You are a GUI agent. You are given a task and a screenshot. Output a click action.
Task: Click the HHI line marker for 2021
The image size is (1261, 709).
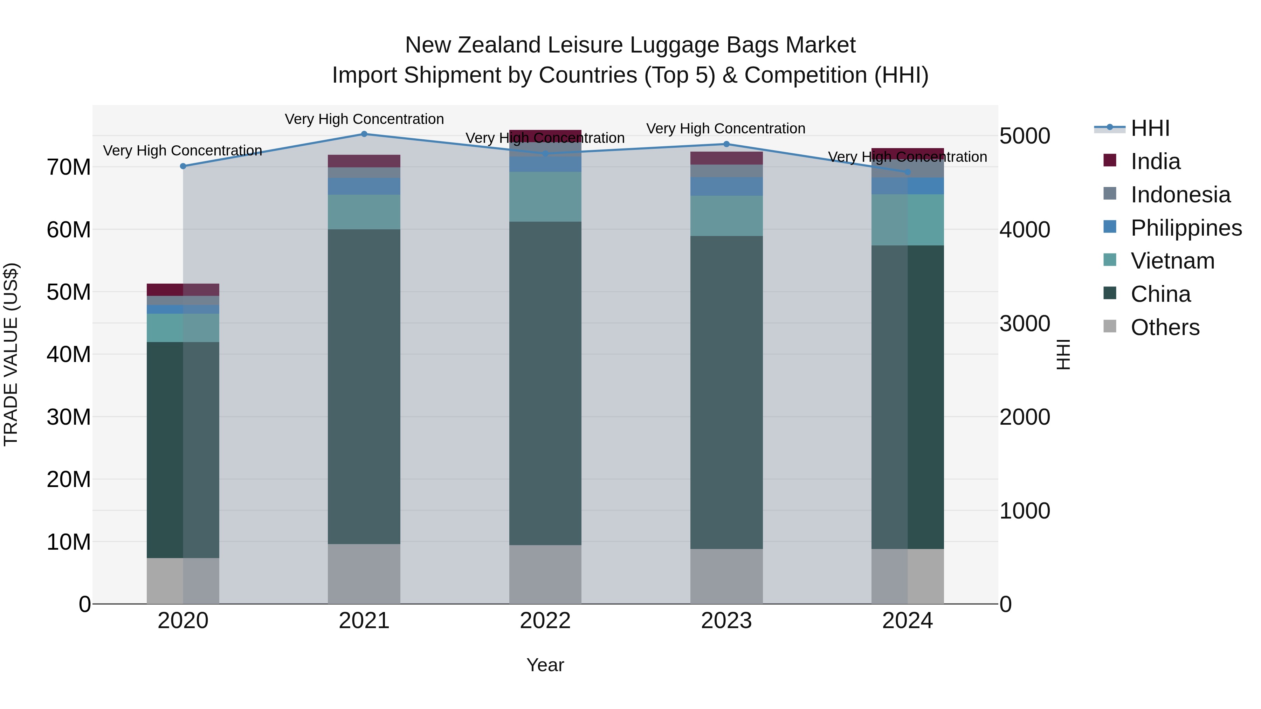[364, 134]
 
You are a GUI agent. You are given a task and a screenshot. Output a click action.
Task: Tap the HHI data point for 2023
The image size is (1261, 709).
[726, 144]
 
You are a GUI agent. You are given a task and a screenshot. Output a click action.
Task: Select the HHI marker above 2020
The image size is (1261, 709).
[183, 166]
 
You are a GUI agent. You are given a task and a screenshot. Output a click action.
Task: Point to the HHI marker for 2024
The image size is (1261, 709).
[908, 172]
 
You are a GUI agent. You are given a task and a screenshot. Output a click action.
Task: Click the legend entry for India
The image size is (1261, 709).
[1155, 161]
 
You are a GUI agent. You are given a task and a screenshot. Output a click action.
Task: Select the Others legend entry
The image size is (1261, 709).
[1165, 327]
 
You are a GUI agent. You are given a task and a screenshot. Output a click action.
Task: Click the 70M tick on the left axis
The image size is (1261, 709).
[69, 167]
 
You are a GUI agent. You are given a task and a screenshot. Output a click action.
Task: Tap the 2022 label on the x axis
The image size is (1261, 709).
[545, 621]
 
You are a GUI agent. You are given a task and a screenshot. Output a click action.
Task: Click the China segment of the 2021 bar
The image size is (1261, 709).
[364, 387]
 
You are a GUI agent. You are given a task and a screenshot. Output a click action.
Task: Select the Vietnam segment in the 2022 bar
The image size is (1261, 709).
[545, 197]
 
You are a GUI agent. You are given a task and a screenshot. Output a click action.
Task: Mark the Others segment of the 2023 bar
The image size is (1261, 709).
[726, 576]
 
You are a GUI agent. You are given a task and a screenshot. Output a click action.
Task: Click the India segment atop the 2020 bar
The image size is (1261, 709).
[183, 290]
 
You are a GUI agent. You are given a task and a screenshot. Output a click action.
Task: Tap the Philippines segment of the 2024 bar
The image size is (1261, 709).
[908, 186]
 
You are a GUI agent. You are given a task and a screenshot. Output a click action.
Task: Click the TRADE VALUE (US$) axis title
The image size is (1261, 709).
[11, 354]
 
